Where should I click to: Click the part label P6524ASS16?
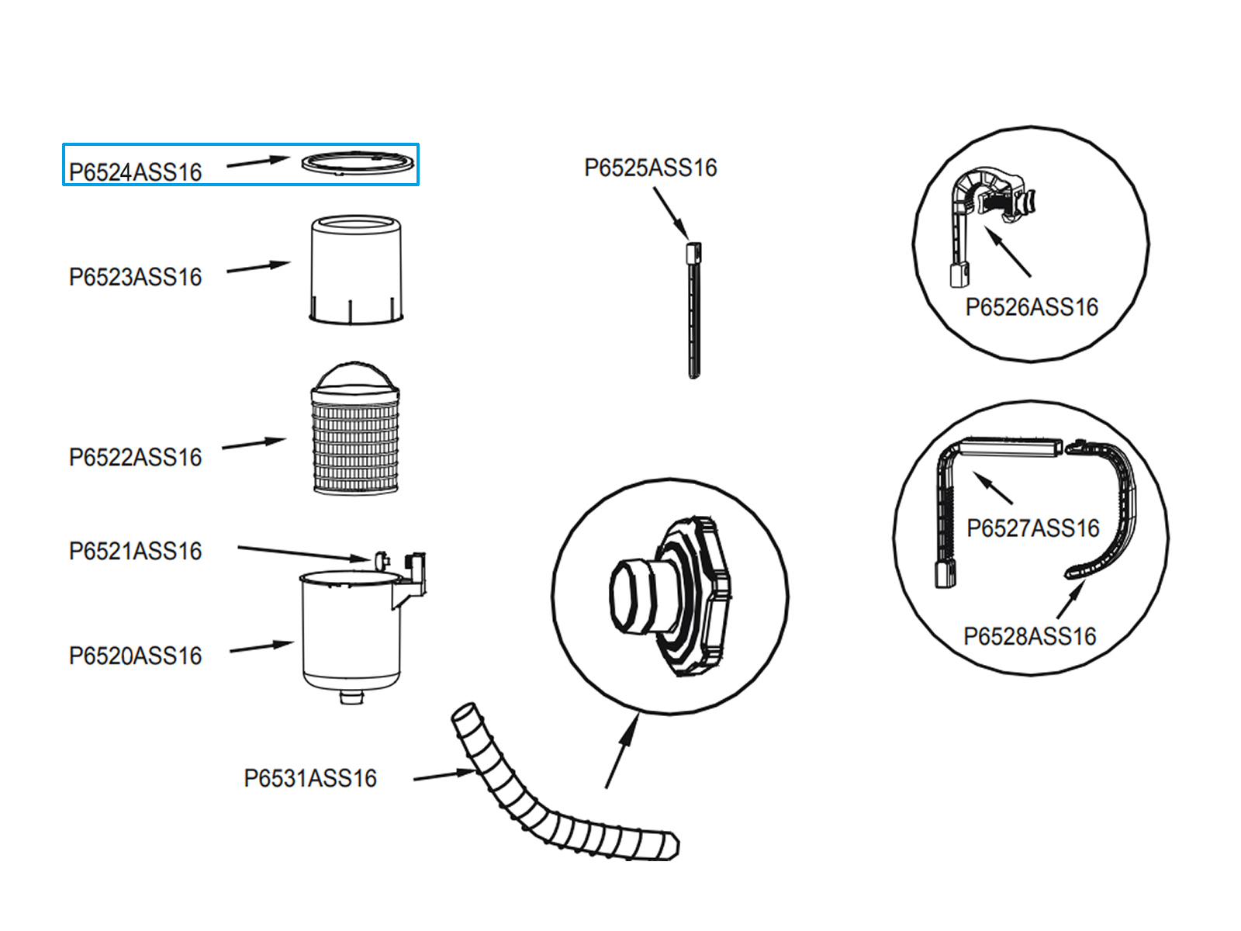[x=135, y=171]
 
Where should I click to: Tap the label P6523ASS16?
[x=135, y=277]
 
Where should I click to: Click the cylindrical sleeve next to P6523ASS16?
[x=356, y=268]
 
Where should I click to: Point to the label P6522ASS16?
[x=135, y=457]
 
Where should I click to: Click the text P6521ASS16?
[x=135, y=551]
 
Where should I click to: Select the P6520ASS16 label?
[x=135, y=656]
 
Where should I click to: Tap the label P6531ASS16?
[x=310, y=778]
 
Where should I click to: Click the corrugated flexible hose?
[x=543, y=807]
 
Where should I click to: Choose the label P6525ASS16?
[x=650, y=168]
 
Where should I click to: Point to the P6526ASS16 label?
[x=1032, y=307]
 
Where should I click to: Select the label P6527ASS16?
[x=1032, y=528]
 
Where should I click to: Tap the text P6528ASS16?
[x=1029, y=636]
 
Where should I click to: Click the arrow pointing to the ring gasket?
[x=258, y=161]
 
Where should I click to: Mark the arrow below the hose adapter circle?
[x=622, y=750]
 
